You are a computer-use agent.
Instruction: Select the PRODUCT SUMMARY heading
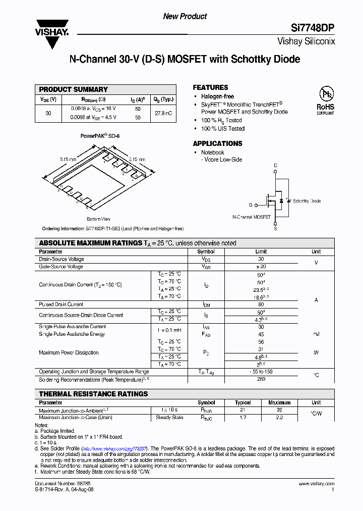74,89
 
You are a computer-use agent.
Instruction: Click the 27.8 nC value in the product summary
163,113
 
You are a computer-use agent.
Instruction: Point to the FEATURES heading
210,87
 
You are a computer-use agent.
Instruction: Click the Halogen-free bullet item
217,96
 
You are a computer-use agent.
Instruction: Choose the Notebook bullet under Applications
212,152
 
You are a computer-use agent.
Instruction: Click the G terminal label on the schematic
250,205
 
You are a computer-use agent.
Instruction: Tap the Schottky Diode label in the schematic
307,201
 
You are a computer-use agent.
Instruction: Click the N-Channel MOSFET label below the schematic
251,217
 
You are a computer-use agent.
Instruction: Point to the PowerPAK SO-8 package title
100,136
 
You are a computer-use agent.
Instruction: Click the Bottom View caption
98,219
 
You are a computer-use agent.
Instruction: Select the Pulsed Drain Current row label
61,304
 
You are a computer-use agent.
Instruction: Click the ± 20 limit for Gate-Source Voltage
261,267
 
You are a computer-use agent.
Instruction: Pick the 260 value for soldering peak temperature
261,379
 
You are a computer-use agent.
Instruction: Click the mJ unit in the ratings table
316,334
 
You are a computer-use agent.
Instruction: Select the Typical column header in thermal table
243,403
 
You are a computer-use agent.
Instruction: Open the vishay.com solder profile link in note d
114,448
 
